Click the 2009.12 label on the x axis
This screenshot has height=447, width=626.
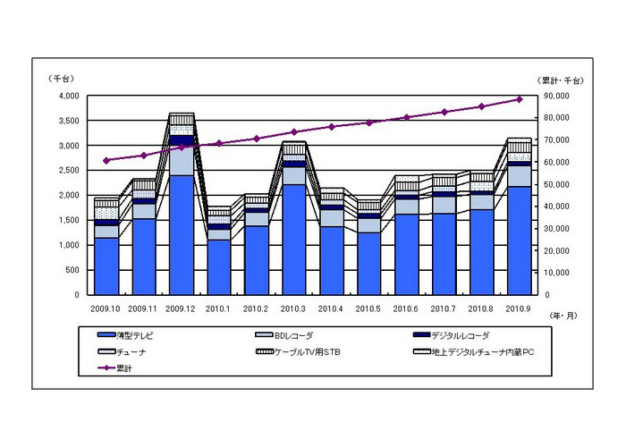click(181, 308)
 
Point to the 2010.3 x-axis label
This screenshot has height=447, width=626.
click(294, 308)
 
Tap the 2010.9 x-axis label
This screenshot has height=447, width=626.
click(519, 308)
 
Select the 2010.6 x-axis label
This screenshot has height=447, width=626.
click(407, 308)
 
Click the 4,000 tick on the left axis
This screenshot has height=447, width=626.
click(67, 96)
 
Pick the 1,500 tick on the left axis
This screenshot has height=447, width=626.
click(67, 220)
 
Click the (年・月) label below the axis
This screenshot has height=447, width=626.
click(563, 315)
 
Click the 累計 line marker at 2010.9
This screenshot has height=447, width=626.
click(519, 99)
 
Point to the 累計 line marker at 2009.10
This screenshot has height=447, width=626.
click(106, 161)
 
